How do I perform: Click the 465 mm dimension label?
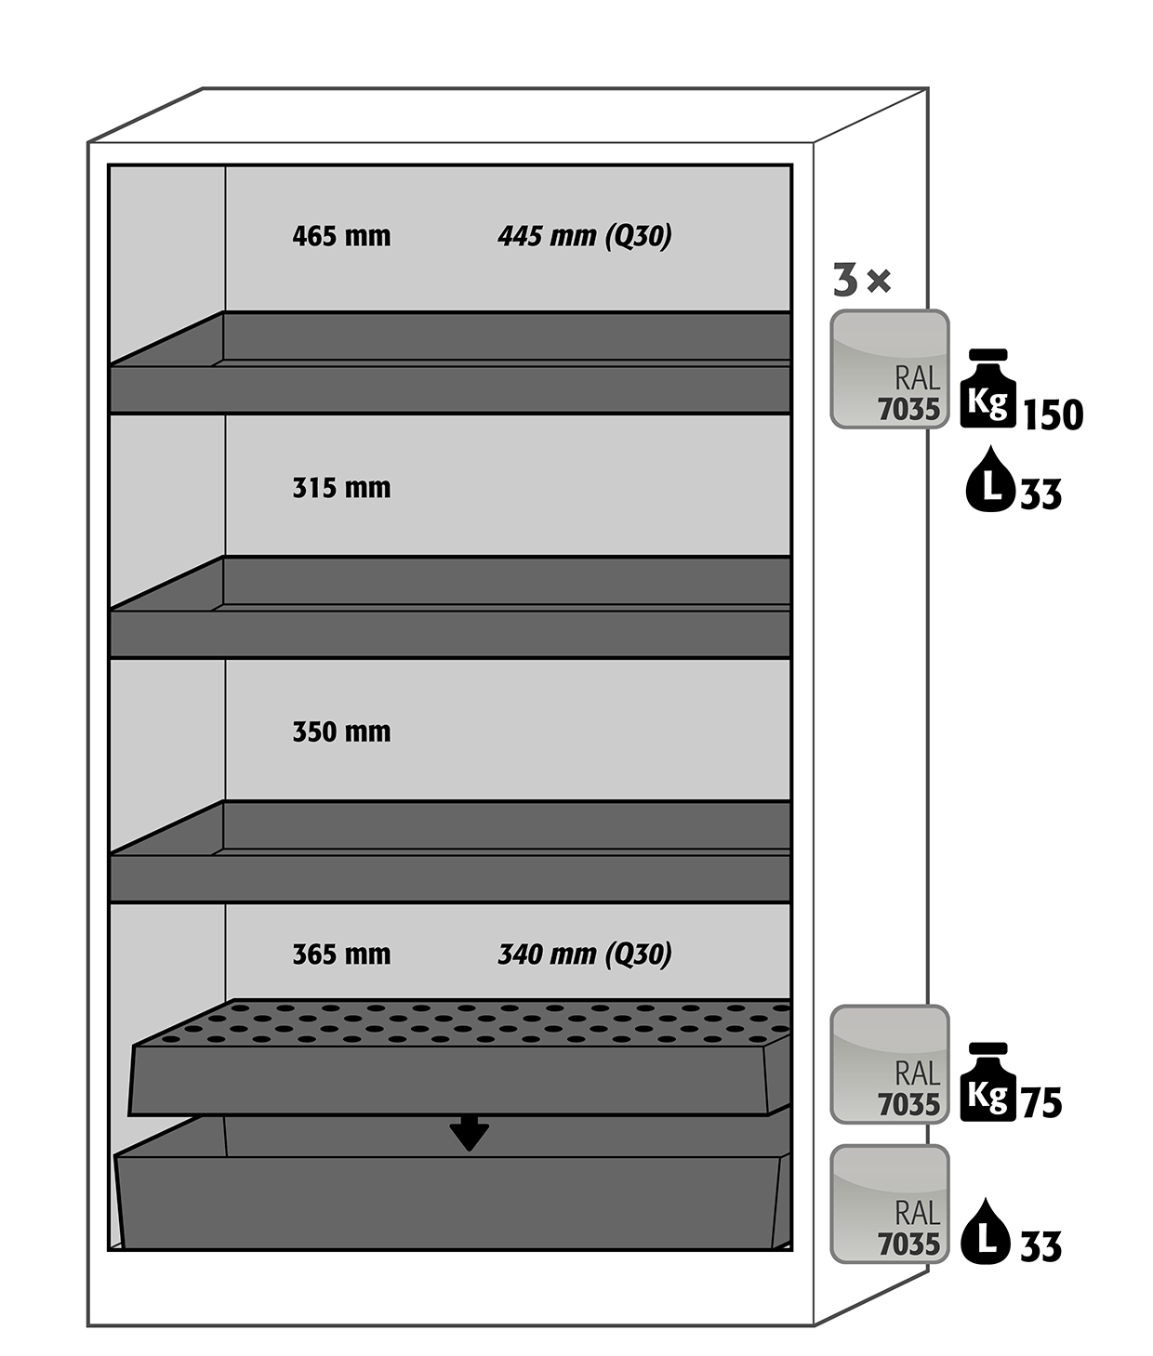tap(341, 235)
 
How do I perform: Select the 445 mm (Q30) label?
tap(585, 236)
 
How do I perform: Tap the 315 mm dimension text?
tap(341, 487)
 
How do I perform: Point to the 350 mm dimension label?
tap(341, 731)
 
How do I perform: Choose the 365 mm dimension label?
tap(341, 954)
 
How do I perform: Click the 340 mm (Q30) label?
tap(585, 954)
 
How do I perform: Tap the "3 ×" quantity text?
tap(862, 280)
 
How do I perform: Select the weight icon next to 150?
tap(987, 388)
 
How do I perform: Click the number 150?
tap(1054, 415)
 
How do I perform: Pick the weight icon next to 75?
tap(987, 1082)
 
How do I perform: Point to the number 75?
tap(1041, 1103)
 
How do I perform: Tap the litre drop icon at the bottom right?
tap(986, 1231)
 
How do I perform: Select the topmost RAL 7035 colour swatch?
tap(889, 369)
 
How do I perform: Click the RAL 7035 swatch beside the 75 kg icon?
tap(889, 1064)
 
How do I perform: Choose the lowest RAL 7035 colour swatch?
tap(889, 1204)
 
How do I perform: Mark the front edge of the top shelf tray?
tap(450, 389)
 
